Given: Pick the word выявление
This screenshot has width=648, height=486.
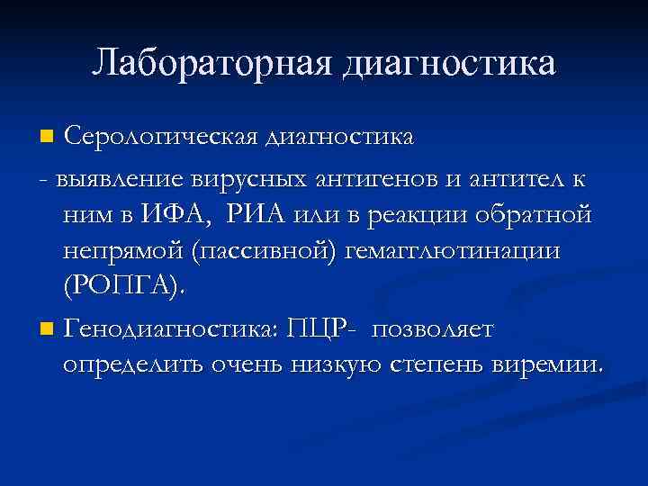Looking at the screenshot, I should (113, 177).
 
